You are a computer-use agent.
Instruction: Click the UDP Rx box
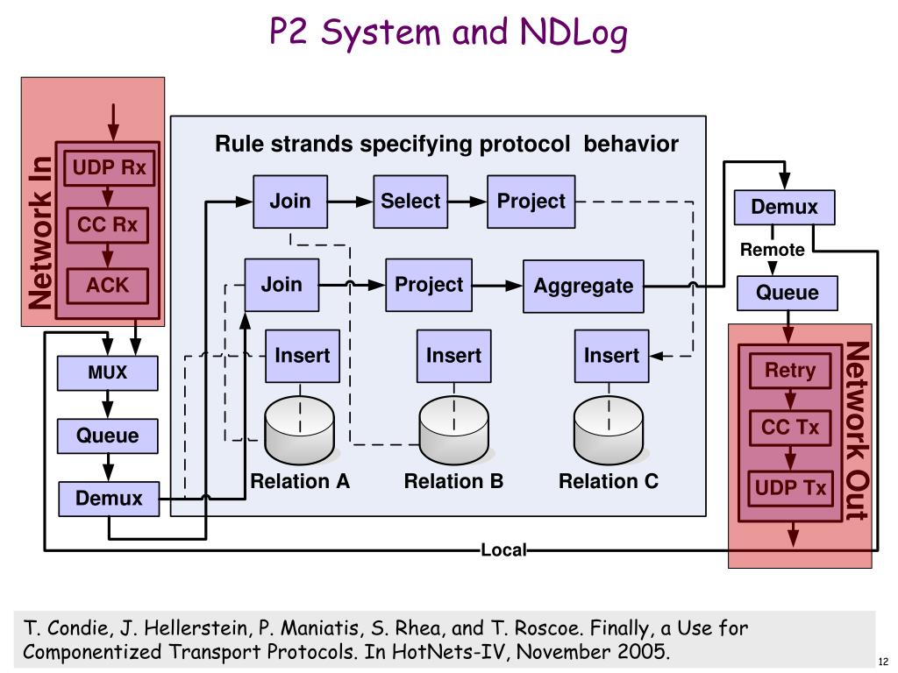[109, 168]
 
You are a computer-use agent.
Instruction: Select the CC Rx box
[108, 225]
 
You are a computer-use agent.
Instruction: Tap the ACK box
[108, 286]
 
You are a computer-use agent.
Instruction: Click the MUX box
[108, 373]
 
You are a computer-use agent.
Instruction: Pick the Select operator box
[410, 202]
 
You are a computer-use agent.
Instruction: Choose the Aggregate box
[583, 286]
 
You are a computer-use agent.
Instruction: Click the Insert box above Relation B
[453, 356]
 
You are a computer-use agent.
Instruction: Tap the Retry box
[790, 371]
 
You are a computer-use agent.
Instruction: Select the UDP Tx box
[790, 488]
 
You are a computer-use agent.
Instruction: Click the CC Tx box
[790, 428]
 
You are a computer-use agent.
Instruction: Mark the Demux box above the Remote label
[785, 207]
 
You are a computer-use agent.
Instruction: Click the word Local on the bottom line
[503, 550]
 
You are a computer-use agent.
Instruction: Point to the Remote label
[772, 250]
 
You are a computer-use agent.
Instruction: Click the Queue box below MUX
[108, 436]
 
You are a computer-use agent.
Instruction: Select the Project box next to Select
[531, 202]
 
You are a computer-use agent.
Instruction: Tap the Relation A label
[300, 481]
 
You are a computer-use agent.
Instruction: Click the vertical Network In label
[40, 233]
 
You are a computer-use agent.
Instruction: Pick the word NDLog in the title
[574, 33]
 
